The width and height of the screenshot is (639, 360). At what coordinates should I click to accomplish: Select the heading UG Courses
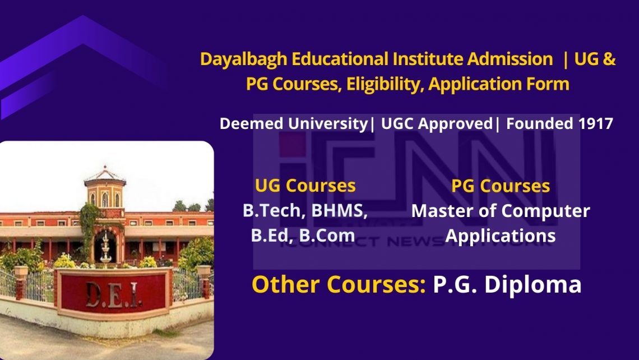coord(305,186)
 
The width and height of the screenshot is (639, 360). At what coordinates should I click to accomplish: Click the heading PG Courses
coord(501,186)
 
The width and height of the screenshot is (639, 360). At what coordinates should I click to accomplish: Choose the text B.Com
coord(327,235)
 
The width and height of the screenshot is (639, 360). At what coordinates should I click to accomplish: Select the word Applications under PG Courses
coord(501,235)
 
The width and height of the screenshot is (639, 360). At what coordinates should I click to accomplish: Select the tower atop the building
coord(105,188)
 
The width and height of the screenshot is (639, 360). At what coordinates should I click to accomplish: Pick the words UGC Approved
coord(436,123)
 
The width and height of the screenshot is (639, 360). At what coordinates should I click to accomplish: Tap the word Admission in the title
coord(510,59)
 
